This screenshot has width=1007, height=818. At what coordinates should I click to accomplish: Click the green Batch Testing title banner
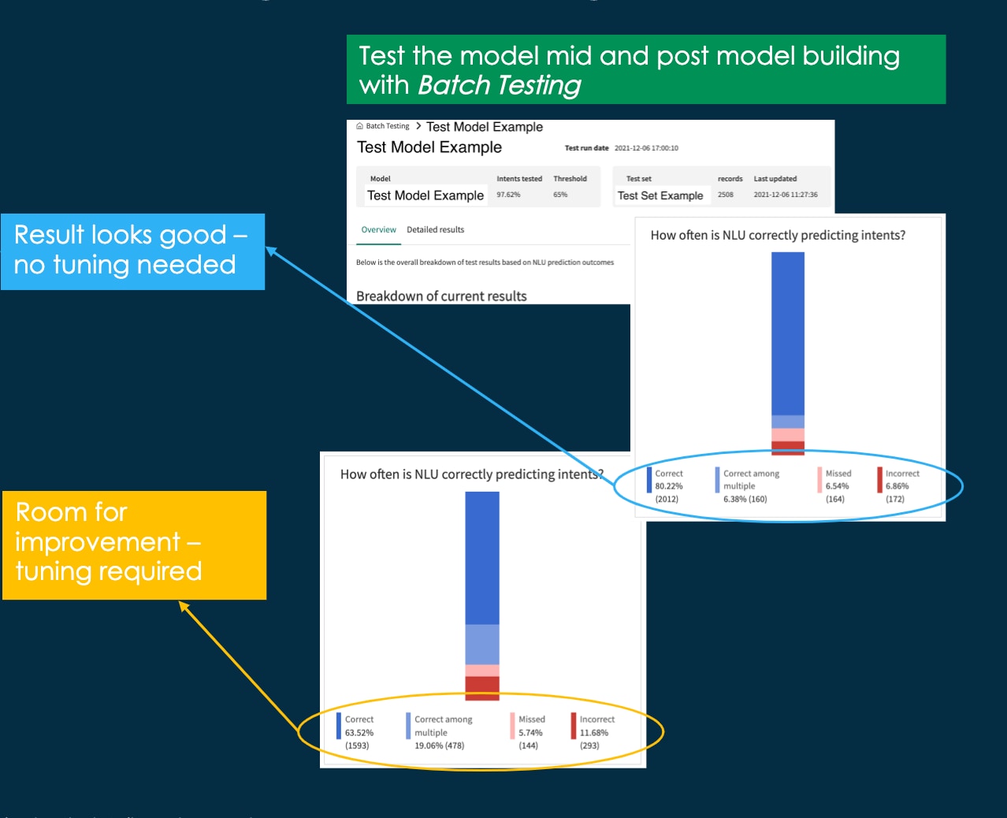645,69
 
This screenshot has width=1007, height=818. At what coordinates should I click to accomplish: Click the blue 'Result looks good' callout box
132,251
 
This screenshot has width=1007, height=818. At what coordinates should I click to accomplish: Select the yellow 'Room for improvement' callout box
134,545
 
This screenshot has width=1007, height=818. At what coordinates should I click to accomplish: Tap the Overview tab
378,230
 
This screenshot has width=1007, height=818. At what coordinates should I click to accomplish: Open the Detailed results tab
435,230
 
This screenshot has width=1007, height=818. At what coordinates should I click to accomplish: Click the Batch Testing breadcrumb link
387,126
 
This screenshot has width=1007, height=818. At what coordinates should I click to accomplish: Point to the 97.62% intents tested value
508,195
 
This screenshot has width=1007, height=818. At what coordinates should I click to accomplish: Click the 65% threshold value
560,195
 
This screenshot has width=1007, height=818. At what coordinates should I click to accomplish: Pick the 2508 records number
725,195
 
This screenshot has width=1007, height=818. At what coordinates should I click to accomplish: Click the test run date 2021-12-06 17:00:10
646,148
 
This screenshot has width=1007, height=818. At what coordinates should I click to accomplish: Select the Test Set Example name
660,195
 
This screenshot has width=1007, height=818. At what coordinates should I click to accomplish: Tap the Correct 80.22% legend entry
668,486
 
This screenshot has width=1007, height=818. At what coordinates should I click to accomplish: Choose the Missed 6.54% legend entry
838,486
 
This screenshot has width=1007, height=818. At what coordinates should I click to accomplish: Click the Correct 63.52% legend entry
359,732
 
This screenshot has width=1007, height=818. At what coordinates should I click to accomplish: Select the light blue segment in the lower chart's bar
482,645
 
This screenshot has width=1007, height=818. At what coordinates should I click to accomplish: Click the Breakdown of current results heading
441,296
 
